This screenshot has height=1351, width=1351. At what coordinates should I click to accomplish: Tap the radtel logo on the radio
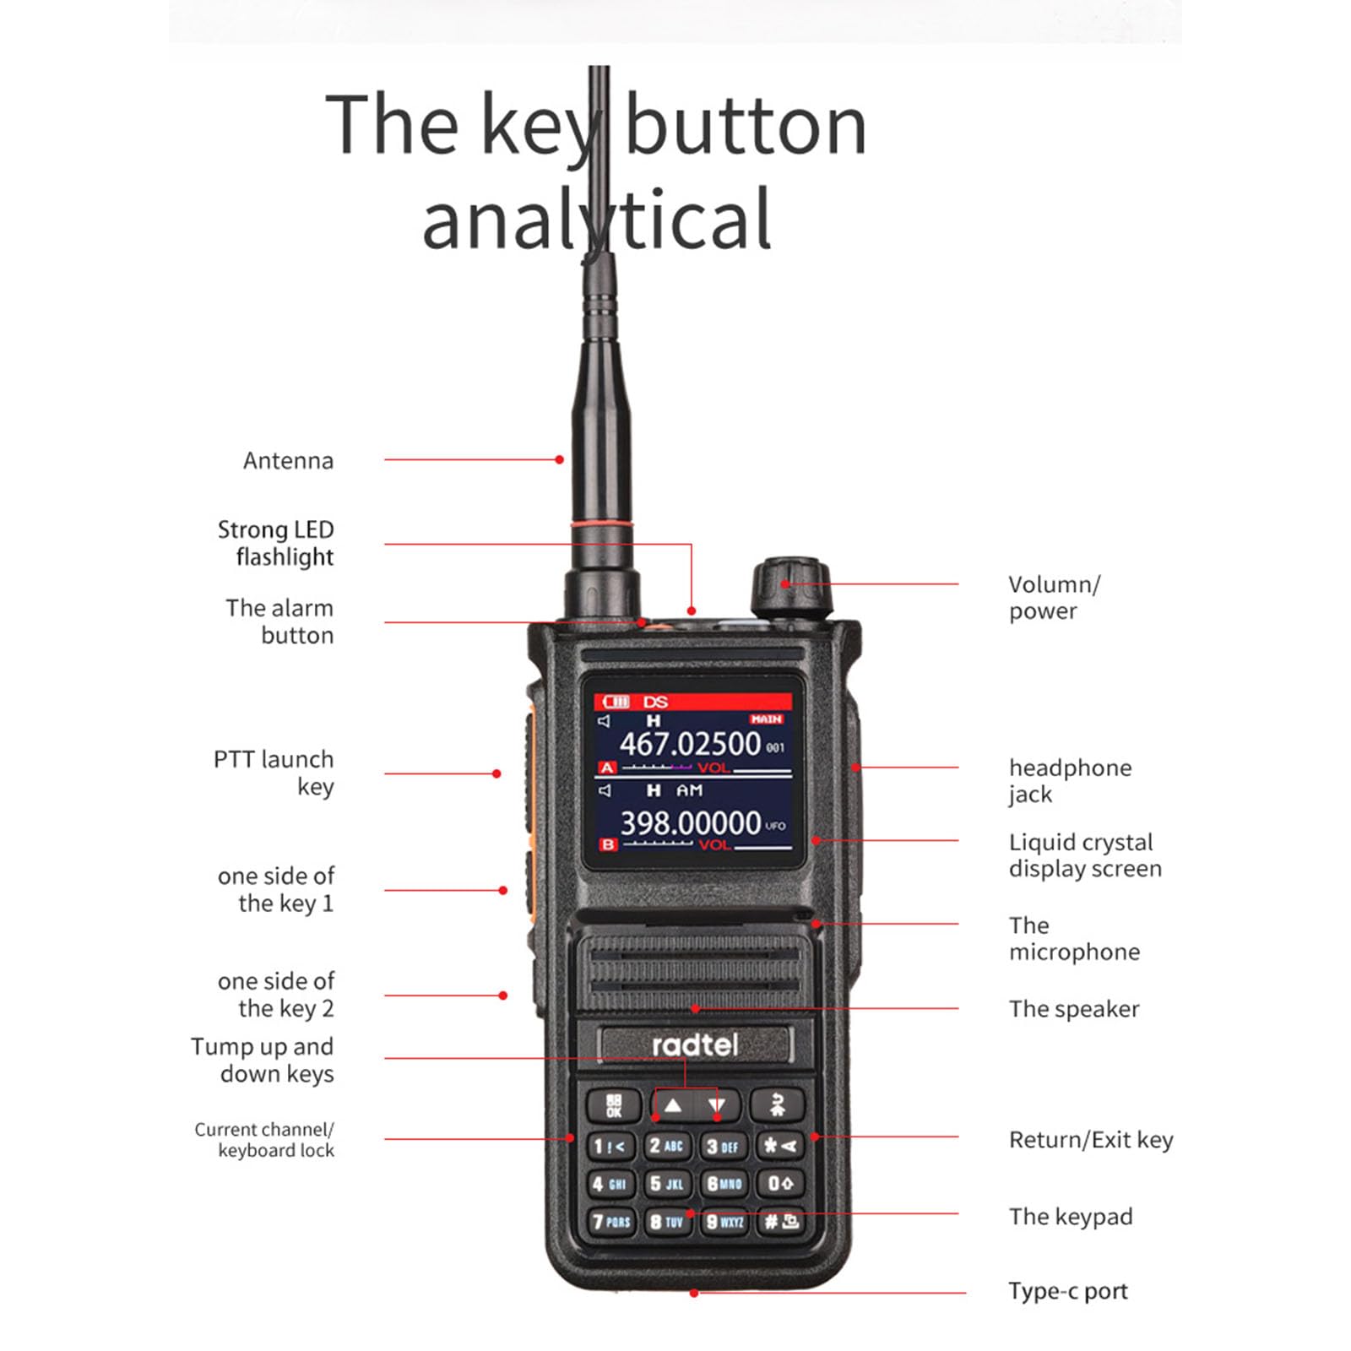tap(695, 1045)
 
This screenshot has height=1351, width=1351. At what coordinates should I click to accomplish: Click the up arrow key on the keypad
tap(672, 1104)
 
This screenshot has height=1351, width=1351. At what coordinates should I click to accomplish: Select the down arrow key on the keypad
tap(717, 1104)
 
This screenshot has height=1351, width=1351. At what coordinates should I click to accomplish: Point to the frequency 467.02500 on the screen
tap(690, 744)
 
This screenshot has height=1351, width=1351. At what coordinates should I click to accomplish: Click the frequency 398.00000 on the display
tap(691, 822)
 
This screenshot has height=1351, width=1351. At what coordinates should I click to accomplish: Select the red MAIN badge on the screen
tap(766, 719)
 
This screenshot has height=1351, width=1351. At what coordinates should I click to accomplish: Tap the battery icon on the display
tap(616, 702)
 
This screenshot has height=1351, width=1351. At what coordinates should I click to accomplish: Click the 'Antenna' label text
tap(288, 461)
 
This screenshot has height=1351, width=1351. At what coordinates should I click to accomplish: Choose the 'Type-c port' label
tap(1067, 1291)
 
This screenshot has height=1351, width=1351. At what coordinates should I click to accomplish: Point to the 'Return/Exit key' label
tap(1090, 1140)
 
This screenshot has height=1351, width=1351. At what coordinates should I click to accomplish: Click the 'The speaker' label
tap(1073, 1009)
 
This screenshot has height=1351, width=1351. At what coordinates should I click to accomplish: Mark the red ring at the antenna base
tap(601, 525)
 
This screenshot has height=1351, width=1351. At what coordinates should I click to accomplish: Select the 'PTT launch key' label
tap(274, 773)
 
